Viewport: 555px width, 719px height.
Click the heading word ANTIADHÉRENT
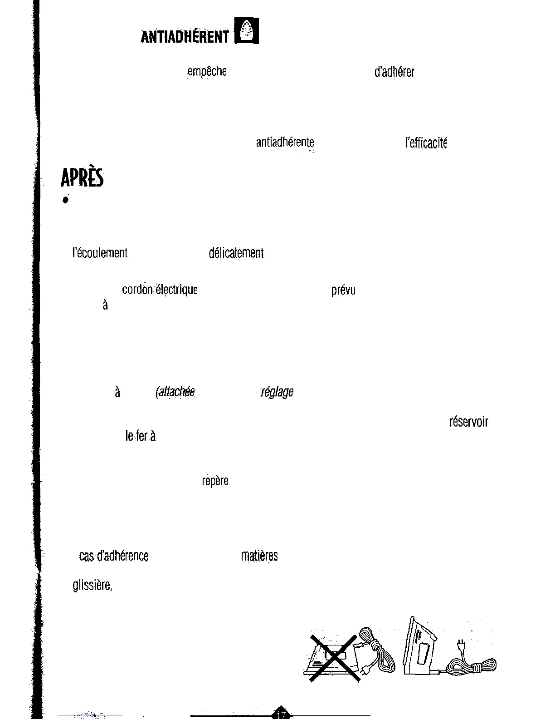click(x=185, y=36)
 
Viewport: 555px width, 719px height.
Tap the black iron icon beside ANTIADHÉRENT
click(x=247, y=30)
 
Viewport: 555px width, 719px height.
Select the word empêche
click(x=207, y=72)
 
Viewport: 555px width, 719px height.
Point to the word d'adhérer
click(x=394, y=72)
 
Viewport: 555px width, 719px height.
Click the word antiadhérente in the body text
click(x=285, y=143)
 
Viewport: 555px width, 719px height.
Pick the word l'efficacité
click(x=426, y=143)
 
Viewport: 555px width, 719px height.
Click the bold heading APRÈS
click(x=82, y=178)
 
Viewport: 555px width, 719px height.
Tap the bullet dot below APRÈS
click(x=66, y=201)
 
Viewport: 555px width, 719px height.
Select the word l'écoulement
click(x=100, y=253)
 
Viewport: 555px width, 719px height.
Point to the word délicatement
click(x=236, y=253)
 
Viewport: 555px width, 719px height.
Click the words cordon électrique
click(x=160, y=290)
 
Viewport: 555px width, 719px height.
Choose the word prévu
click(x=343, y=290)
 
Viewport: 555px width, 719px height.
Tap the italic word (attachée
click(x=175, y=392)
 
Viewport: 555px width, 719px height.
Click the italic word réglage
click(x=277, y=392)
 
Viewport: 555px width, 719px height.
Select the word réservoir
click(x=468, y=422)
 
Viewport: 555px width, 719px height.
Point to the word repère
click(x=215, y=481)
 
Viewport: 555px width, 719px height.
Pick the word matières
click(x=259, y=556)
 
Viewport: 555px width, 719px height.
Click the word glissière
click(x=92, y=586)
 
